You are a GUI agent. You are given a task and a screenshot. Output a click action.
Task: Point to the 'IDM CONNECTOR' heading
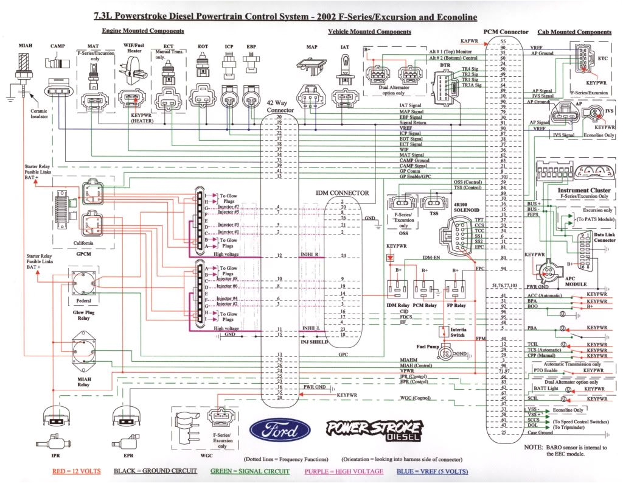click(342, 192)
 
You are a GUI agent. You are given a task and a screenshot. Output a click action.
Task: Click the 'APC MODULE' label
click(576, 281)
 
